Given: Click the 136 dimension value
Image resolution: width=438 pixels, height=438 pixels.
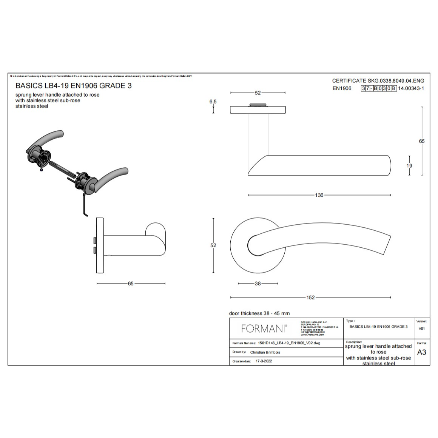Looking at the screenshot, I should tap(319, 195).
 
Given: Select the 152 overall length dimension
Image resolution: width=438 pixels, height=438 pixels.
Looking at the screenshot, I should tap(310, 298).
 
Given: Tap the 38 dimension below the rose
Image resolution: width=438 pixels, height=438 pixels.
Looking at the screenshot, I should tap(258, 284).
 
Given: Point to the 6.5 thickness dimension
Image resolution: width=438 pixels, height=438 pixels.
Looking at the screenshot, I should tap(213, 102).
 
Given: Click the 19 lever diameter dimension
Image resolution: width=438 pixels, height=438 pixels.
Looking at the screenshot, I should tap(409, 165).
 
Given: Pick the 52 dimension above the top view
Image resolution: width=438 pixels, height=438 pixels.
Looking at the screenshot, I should tap(258, 93).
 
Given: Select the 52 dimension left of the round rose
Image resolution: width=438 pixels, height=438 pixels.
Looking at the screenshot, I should tap(213, 245).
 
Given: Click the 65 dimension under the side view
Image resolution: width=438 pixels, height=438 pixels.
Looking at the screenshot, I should tap(131, 284).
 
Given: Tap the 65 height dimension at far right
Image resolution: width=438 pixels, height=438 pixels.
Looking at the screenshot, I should tap(422, 141).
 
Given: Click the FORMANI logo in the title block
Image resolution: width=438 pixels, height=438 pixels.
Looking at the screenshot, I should tap(264, 329).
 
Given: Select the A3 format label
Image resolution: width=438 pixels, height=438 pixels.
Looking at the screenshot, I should tap(421, 352).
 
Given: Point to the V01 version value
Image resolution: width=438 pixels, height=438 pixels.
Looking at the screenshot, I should tap(422, 328).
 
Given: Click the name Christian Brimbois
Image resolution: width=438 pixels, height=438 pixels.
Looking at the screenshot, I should tap(265, 352).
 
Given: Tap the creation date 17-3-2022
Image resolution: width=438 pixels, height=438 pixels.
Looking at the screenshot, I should tap(264, 361).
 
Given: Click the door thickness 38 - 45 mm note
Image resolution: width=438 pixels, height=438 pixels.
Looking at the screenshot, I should tap(259, 313).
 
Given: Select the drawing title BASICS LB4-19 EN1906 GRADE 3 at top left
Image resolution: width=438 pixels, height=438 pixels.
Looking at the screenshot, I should tap(73, 86).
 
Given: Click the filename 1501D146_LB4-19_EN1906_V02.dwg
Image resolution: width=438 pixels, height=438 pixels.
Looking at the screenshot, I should tap(289, 343).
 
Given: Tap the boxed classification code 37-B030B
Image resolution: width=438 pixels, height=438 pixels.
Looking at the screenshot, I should tap(379, 88).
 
